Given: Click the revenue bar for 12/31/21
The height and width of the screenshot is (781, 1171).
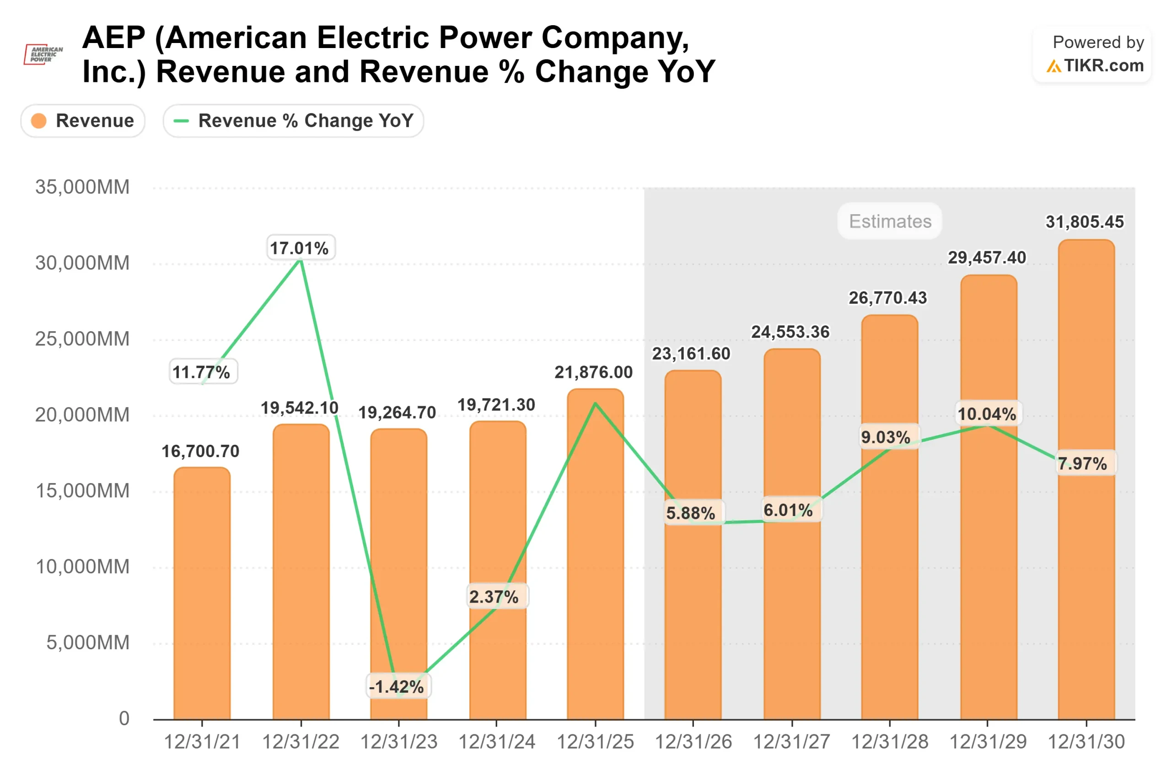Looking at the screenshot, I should [x=202, y=592].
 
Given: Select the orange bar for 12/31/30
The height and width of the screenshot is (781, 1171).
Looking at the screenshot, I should [x=1086, y=548].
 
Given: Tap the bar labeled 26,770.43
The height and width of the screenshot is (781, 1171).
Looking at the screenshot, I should [x=889, y=573].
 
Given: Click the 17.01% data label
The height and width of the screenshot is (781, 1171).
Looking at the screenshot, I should [x=300, y=248].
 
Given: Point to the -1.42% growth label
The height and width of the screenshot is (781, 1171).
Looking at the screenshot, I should [x=397, y=687].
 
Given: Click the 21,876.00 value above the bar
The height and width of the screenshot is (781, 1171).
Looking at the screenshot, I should [x=593, y=372].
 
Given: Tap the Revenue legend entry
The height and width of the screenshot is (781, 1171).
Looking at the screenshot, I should [x=83, y=120].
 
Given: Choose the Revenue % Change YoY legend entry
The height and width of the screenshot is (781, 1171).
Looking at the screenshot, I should [x=294, y=120].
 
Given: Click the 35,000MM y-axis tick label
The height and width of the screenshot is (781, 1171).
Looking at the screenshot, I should [x=82, y=187].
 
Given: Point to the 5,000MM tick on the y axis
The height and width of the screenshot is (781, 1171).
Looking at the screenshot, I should [x=88, y=642].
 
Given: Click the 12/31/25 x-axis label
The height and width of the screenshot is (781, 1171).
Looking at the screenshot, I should [x=595, y=742].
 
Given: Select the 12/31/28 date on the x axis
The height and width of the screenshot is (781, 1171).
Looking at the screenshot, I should [x=890, y=742].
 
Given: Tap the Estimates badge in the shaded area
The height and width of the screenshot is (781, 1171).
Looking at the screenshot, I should [x=890, y=221].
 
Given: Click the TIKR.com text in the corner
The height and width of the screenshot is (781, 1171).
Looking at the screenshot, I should [x=1103, y=65].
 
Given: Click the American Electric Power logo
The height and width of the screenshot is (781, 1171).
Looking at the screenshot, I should [x=44, y=54].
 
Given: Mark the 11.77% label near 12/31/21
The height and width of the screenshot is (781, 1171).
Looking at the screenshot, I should [x=202, y=372].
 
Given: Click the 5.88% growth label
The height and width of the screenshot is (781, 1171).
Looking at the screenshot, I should [x=691, y=513].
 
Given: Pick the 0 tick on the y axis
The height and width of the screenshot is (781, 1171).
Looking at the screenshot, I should [x=124, y=718].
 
